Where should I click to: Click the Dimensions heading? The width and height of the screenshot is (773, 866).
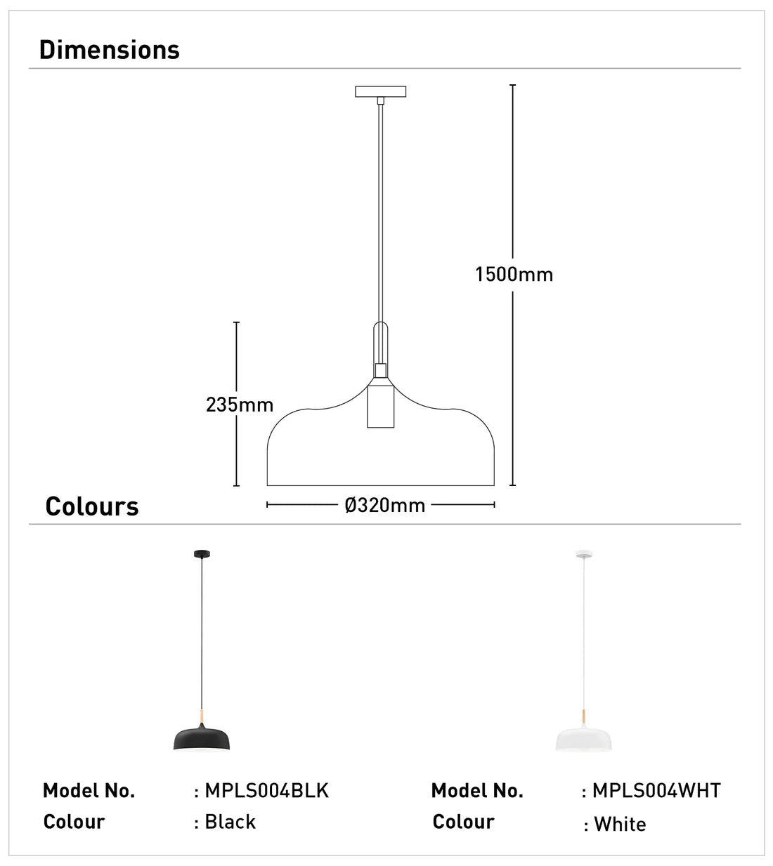click(x=110, y=50)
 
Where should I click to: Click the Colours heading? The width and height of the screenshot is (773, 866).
click(x=92, y=506)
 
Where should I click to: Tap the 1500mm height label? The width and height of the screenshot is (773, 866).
click(x=514, y=274)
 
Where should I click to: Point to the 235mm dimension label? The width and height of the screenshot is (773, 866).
click(x=240, y=405)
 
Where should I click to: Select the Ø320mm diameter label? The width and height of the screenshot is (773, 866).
click(x=385, y=505)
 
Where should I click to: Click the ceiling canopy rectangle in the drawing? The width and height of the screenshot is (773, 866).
click(x=381, y=92)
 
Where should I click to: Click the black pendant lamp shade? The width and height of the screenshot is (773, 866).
click(x=204, y=738)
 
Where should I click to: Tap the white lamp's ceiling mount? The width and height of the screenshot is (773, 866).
click(x=583, y=555)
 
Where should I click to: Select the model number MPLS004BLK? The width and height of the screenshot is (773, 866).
click(x=266, y=791)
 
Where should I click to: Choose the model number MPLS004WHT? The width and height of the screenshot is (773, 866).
click(x=656, y=791)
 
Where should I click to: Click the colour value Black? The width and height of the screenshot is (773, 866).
click(x=230, y=822)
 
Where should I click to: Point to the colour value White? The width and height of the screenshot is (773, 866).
click(x=620, y=824)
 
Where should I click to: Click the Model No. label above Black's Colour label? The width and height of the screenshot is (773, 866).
click(x=89, y=791)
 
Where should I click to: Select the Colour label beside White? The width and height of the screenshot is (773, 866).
click(x=463, y=822)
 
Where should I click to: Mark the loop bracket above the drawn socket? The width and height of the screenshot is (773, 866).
click(x=381, y=342)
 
